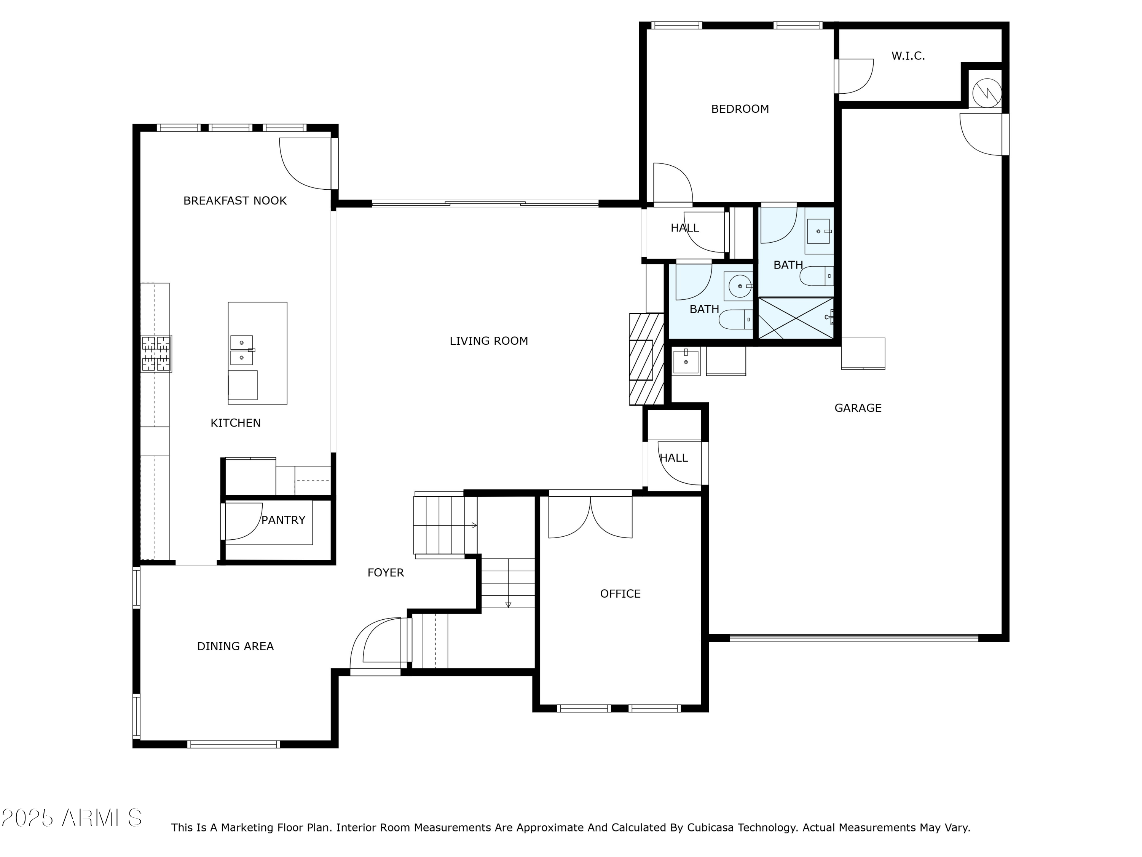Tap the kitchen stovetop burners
tap(156, 354)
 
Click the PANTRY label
tap(283, 520)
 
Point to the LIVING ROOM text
tap(488, 341)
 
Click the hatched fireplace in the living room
tap(646, 359)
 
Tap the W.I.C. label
tap(908, 56)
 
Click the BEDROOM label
tap(740, 109)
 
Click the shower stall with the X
tap(796, 318)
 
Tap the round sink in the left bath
tap(740, 286)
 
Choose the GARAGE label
tap(858, 408)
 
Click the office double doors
tap(590, 516)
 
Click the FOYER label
tap(385, 572)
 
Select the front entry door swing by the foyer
tap(377, 644)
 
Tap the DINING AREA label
tap(235, 646)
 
